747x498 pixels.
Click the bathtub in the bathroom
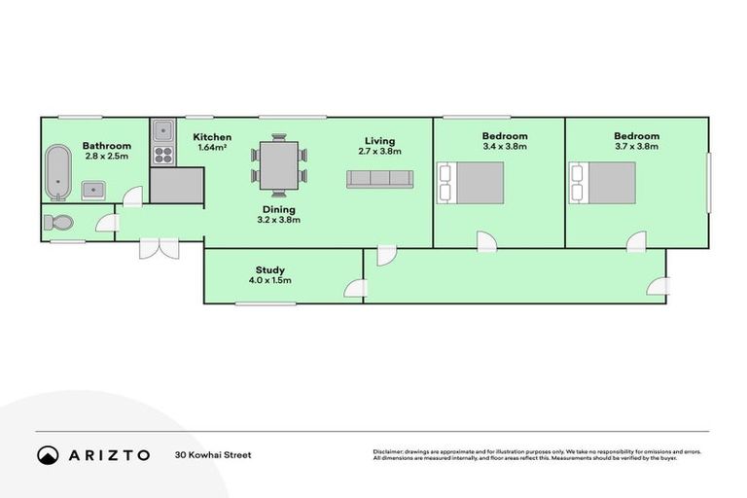tap(59, 173)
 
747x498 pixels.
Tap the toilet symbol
tap(57, 223)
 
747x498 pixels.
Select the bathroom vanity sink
tap(94, 189)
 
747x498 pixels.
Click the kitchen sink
tap(162, 130)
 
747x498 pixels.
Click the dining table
tap(279, 166)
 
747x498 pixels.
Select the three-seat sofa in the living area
tap(380, 178)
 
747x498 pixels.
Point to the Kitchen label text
tap(212, 137)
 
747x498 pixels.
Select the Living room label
tap(380, 141)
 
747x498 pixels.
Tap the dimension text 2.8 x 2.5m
tap(106, 156)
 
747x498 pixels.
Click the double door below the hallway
tap(158, 247)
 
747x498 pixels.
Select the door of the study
tap(356, 289)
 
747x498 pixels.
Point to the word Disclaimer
tap(391, 451)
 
